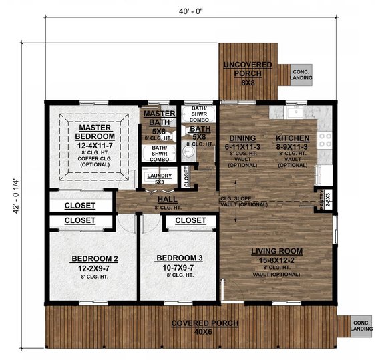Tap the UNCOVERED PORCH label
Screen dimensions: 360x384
click(247, 68)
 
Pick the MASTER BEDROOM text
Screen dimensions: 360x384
click(94, 132)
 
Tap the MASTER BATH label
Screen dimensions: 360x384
click(160, 118)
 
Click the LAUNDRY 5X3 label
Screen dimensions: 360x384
click(159, 178)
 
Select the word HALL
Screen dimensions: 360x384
click(167, 200)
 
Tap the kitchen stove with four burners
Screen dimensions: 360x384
click(326, 140)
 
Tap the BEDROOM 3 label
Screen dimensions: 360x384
click(178, 258)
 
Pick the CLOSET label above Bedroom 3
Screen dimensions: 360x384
click(190, 220)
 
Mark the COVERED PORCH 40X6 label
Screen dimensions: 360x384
click(197, 324)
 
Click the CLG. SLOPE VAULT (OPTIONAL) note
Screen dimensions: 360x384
click(244, 200)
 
